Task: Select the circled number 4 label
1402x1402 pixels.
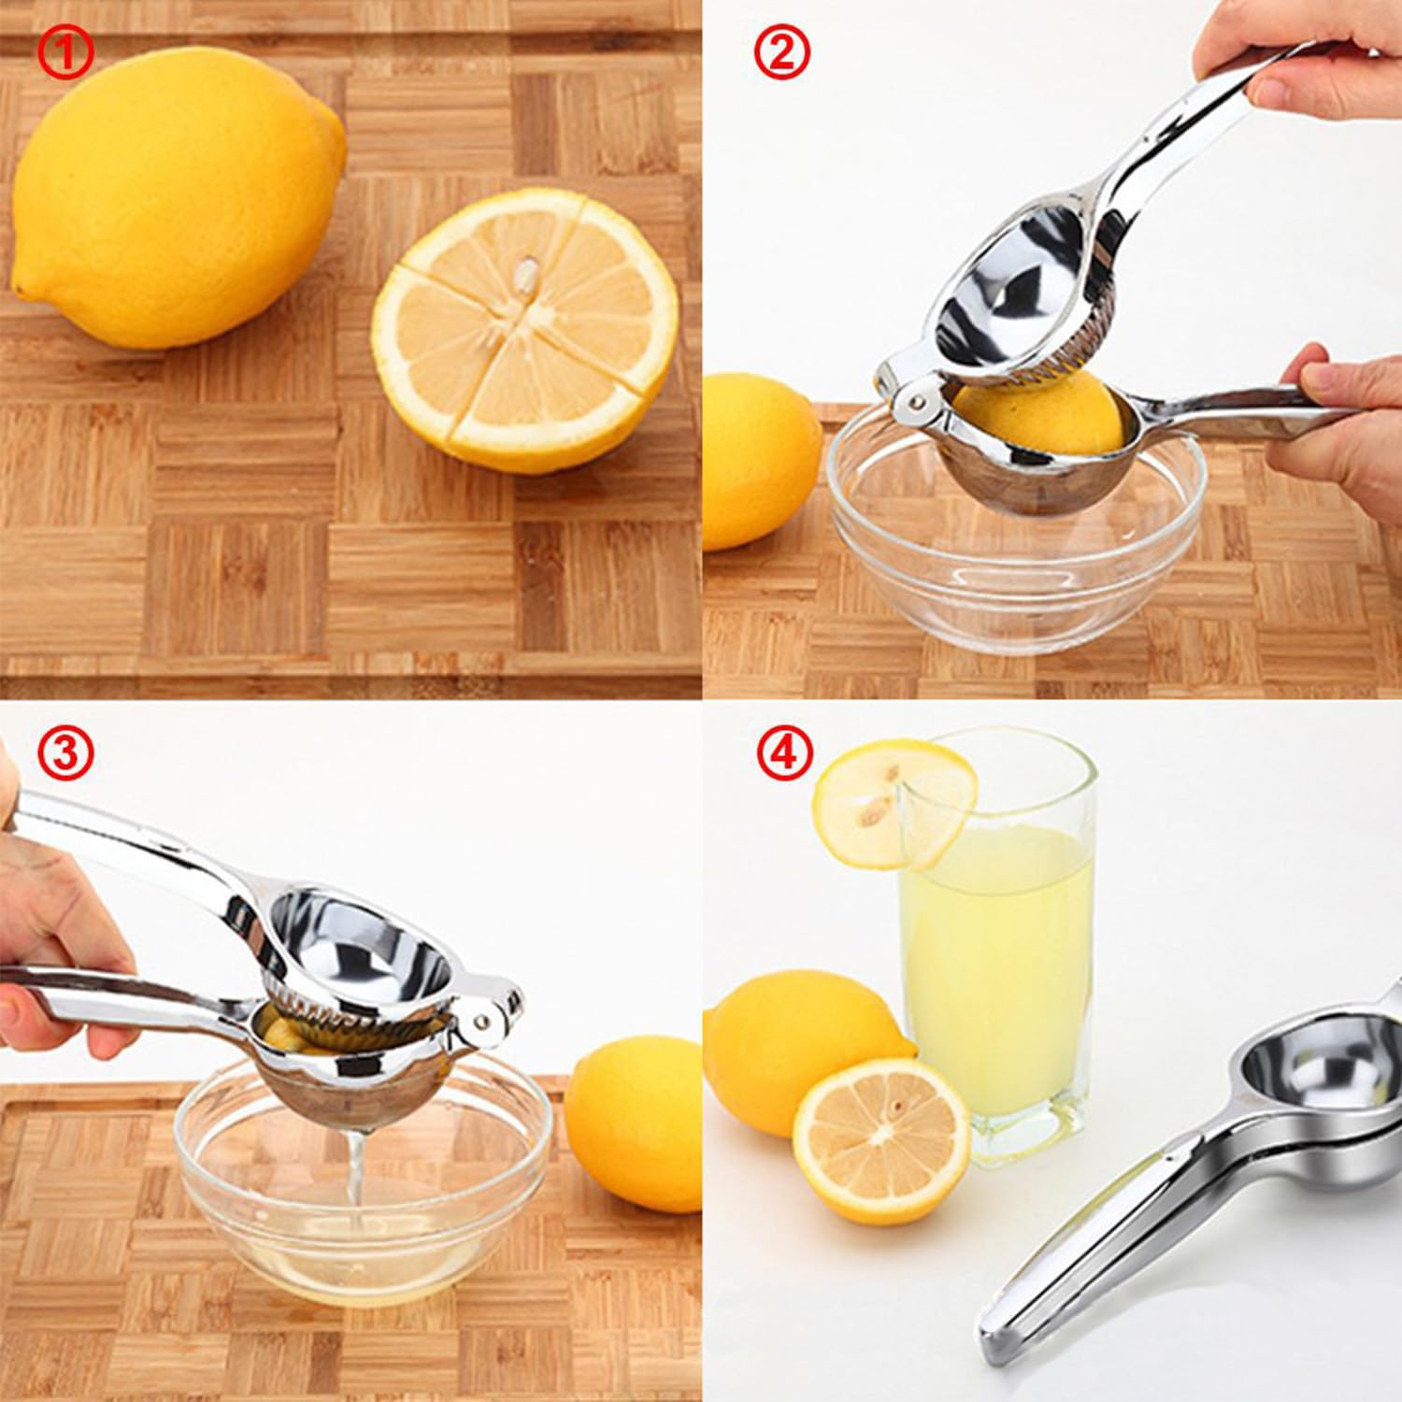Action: click(x=784, y=753)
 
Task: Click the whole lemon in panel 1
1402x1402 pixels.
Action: click(x=173, y=196)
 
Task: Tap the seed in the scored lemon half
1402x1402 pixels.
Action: click(x=529, y=276)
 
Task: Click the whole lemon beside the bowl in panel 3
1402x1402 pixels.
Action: click(x=636, y=1122)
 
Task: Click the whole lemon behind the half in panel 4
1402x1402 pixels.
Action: click(x=794, y=1037)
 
